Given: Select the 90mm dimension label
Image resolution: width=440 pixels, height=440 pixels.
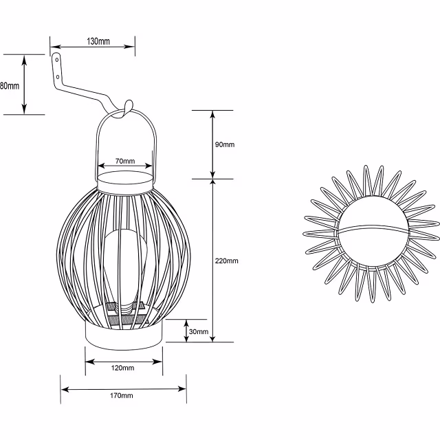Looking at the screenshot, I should click(x=225, y=144).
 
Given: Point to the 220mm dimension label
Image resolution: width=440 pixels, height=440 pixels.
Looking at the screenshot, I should click(x=227, y=261).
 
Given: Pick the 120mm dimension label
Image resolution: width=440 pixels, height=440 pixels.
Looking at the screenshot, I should click(x=123, y=368).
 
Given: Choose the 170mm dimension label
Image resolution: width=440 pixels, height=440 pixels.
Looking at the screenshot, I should click(x=122, y=396).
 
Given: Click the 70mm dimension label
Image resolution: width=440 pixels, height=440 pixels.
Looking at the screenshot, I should click(x=124, y=160).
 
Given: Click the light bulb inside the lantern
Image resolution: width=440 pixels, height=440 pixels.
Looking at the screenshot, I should click(x=124, y=268).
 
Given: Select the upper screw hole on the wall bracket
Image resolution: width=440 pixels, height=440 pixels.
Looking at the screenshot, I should click(x=58, y=60).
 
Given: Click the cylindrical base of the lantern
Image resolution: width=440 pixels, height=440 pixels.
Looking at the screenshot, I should click(x=124, y=334).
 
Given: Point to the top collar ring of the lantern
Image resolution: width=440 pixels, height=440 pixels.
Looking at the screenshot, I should click(x=124, y=182).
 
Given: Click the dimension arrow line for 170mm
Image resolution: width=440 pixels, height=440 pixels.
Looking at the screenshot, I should click(x=82, y=389).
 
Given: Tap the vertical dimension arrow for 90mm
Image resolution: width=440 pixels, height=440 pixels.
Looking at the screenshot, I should click(x=212, y=144).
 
